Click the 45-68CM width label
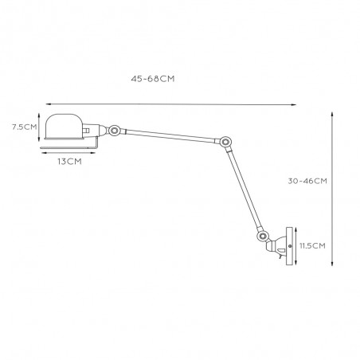tap(153, 79)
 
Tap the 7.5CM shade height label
tap(25, 127)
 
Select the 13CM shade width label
tap(69, 162)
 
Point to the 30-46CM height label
tap(307, 181)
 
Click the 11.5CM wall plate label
tap(312, 245)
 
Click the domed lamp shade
tap(65, 127)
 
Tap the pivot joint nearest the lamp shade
tap(115, 131)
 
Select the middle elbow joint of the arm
tap(225, 142)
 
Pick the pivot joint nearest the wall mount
tap(262, 236)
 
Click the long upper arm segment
tap(170, 136)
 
